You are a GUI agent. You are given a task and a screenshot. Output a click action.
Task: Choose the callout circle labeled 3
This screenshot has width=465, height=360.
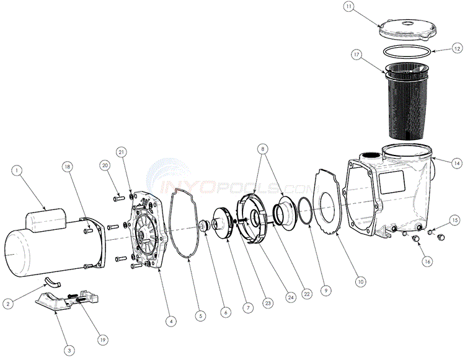point(69,350)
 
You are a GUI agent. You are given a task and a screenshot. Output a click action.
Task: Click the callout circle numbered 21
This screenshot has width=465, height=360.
point(122,152)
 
